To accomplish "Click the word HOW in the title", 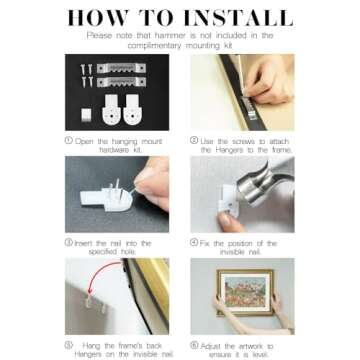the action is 97,18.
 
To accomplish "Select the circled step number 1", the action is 69,140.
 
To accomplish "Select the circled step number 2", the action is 194,140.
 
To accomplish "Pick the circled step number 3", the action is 69,242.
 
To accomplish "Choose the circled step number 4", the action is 194,242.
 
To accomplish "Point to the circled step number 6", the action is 194,345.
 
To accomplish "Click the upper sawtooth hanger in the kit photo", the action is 121,68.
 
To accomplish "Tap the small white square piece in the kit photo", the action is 86,115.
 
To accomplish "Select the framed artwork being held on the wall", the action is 245,292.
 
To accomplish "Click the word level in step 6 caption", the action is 259,355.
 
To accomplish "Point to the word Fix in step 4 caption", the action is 205,243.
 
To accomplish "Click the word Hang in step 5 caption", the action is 91,345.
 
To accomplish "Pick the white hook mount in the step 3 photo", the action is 106,197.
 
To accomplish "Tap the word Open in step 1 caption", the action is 84,141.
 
